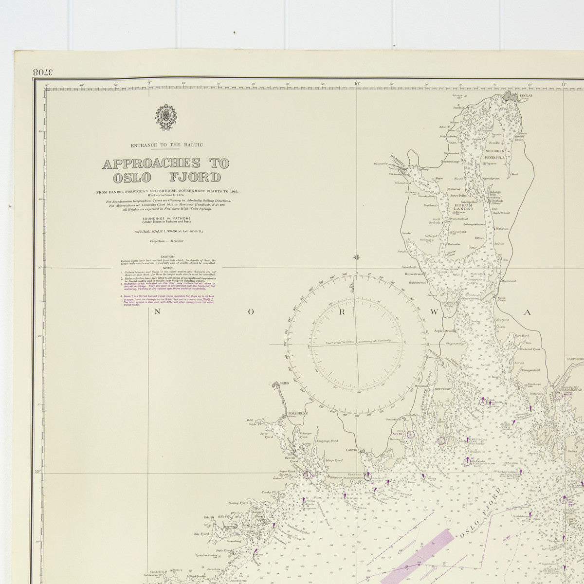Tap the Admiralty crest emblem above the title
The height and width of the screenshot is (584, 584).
[x=165, y=118]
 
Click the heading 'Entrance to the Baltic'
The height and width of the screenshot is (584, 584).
[x=166, y=145]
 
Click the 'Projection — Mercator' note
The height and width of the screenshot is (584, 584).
[x=166, y=241]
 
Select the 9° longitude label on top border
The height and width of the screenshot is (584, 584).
[x=149, y=83]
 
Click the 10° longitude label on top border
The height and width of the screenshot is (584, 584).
[x=357, y=83]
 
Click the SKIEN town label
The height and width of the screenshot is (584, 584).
[x=284, y=383]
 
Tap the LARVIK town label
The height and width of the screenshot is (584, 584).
[x=352, y=451]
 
